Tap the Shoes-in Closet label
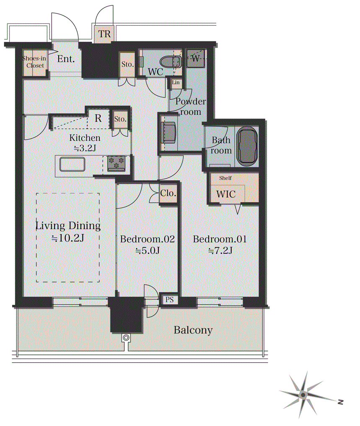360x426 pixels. point(34,62)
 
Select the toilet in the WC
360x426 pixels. point(171,62)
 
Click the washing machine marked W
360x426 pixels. point(195,58)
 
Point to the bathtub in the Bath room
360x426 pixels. point(247,147)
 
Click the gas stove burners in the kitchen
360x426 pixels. point(117,163)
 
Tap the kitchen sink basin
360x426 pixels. point(73,165)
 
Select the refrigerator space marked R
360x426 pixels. point(98,118)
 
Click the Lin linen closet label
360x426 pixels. point(176,83)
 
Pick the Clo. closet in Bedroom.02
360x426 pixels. point(168,193)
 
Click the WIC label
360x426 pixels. point(226,194)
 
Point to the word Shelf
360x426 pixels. point(225,178)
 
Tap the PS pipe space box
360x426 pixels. point(169,299)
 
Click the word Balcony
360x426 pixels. point(193,330)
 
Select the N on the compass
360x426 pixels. point(340,402)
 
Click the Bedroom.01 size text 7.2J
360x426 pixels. point(220,250)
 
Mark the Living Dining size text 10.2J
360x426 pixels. point(68,238)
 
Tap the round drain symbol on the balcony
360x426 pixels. point(126,338)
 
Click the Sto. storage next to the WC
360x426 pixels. point(127,65)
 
